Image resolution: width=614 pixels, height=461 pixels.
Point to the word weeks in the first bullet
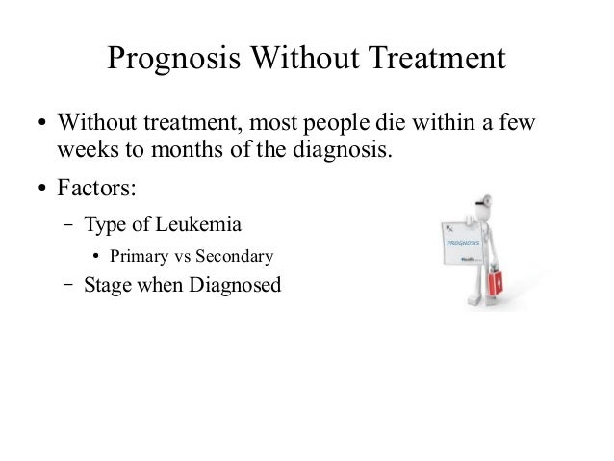pyautogui.click(x=84, y=151)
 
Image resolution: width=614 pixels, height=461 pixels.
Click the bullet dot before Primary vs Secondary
pyautogui.click(x=96, y=257)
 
